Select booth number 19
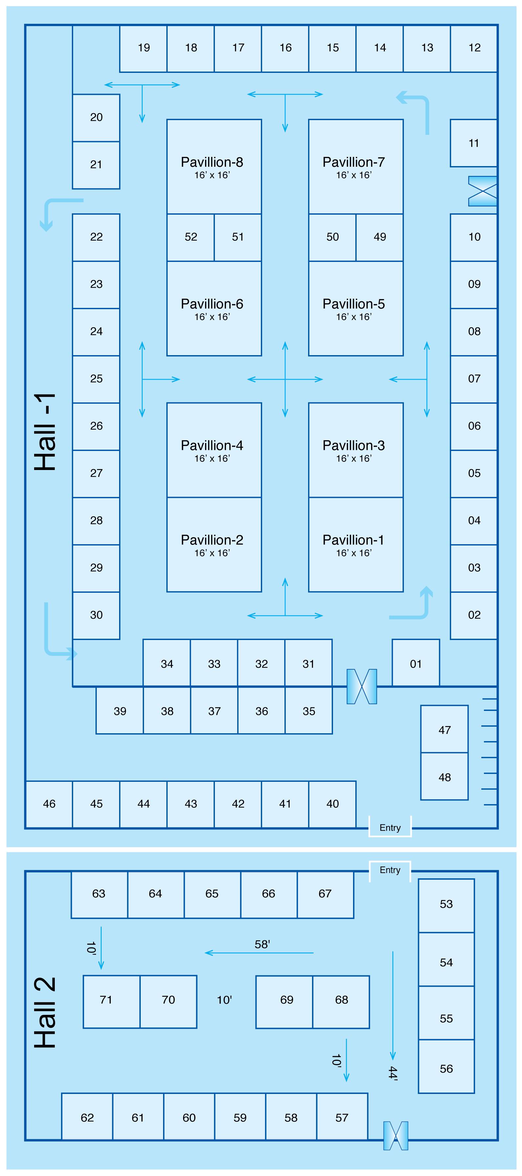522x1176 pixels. [143, 48]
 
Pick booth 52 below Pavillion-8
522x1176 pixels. [191, 237]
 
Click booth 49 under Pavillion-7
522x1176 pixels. [380, 237]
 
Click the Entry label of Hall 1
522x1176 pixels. [390, 828]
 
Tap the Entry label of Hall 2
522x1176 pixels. [390, 870]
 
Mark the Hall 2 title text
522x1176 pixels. [46, 1013]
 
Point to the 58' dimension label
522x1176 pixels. [262, 944]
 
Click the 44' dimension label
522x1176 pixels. [393, 1073]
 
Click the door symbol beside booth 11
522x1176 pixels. [482, 191]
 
